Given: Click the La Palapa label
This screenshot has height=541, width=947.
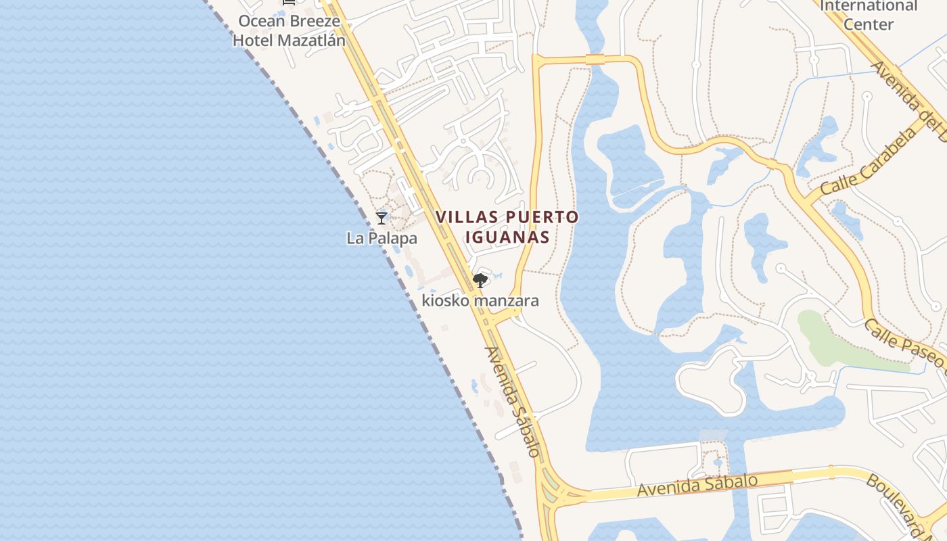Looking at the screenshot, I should (x=382, y=239).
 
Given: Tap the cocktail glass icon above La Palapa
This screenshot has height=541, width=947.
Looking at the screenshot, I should (x=382, y=218).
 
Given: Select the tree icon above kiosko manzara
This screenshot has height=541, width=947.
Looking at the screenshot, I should (x=480, y=280).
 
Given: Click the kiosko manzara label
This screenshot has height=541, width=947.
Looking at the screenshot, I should (x=480, y=300).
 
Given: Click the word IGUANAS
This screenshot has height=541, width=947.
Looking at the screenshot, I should (x=507, y=238).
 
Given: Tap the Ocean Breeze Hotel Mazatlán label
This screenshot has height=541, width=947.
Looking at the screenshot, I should (x=289, y=30).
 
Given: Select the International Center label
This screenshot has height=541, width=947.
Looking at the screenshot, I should (x=869, y=15).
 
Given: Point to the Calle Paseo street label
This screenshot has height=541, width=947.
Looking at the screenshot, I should (x=905, y=344).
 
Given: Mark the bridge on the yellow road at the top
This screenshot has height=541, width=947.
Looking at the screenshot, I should (x=595, y=60).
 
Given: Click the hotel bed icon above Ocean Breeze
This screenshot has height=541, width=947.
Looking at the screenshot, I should (x=289, y=2).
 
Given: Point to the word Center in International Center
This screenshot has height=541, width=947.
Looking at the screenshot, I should (x=869, y=24).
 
